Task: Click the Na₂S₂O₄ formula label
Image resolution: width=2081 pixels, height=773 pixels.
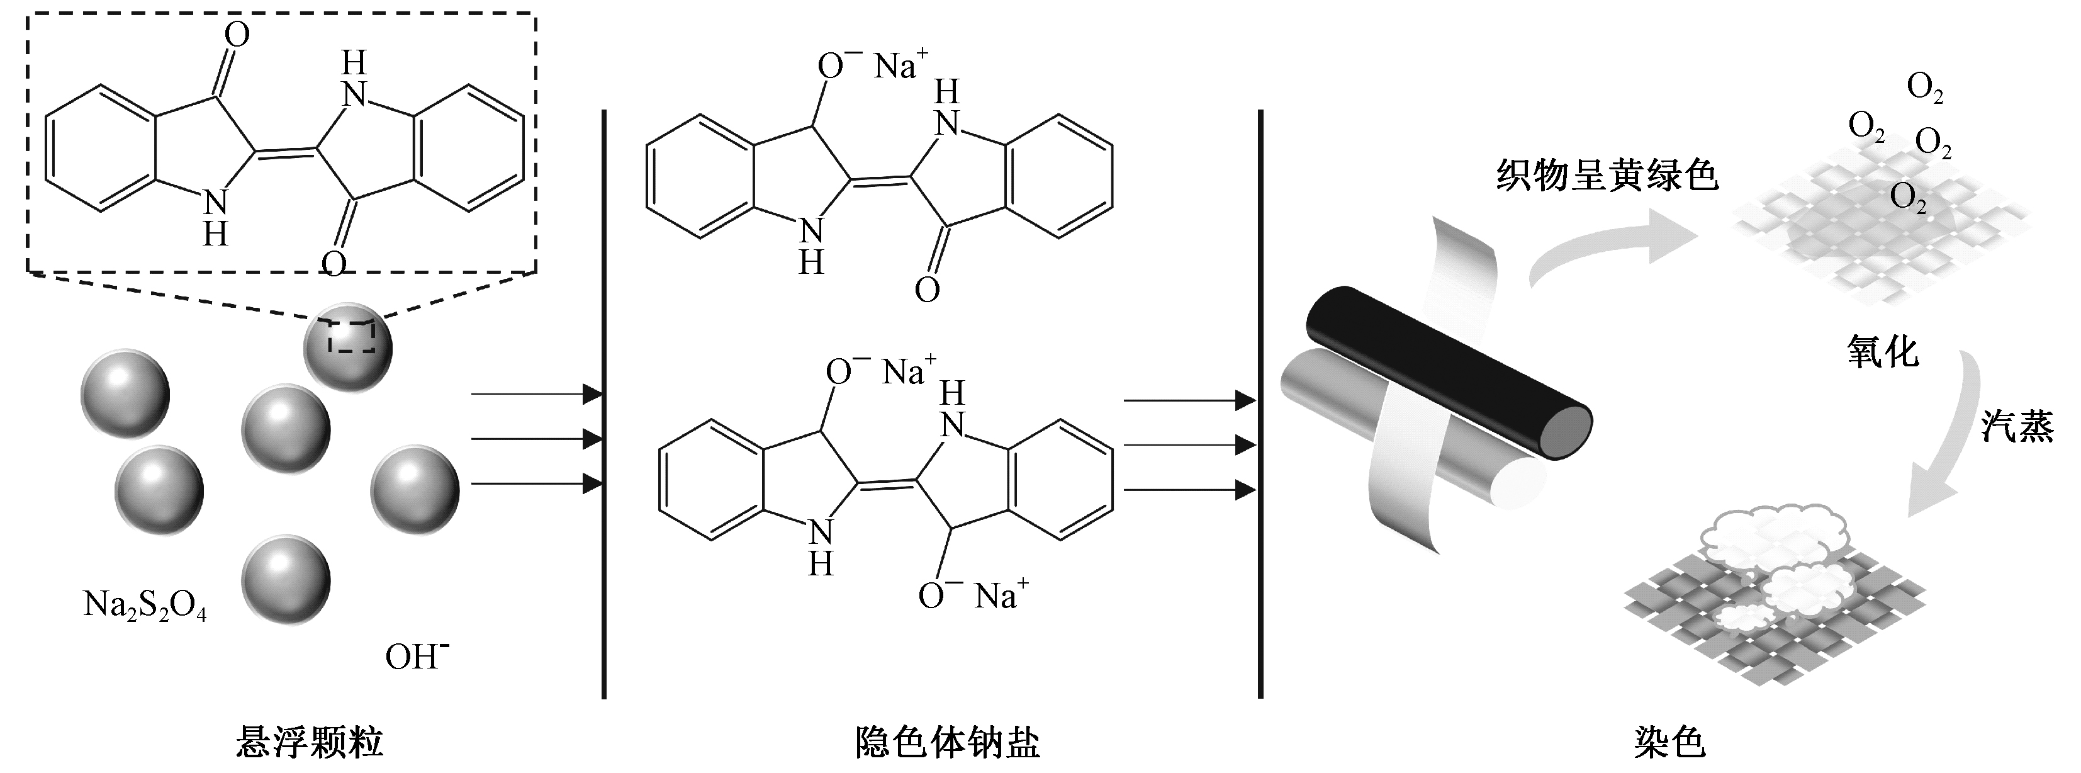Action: [x=145, y=605]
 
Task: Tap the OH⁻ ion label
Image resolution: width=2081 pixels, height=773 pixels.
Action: [x=416, y=656]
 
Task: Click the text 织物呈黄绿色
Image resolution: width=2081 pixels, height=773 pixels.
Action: [x=1607, y=175]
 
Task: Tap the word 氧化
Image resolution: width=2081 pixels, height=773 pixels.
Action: [x=1882, y=352]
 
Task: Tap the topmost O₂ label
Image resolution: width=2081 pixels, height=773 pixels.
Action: [x=1924, y=88]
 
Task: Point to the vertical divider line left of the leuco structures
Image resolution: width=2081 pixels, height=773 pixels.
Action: [x=603, y=404]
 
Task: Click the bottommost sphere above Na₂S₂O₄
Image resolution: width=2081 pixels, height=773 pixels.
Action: [x=285, y=578]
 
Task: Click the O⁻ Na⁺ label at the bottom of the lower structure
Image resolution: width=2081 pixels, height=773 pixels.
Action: [x=973, y=596]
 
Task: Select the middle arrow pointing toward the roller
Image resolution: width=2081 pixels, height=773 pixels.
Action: [x=1189, y=445]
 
